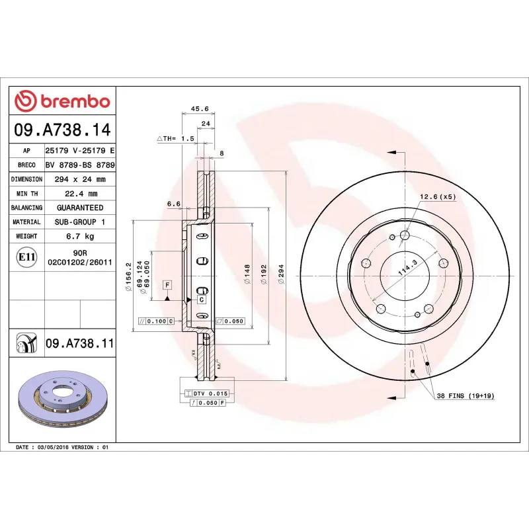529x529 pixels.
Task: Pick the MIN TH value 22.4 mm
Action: (x=79, y=194)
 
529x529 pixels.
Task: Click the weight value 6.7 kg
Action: (x=79, y=236)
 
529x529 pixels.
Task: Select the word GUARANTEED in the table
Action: (x=79, y=208)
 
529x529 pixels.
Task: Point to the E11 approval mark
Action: (x=26, y=257)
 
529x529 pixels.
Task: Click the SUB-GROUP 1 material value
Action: (x=79, y=222)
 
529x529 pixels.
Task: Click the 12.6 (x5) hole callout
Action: (x=438, y=196)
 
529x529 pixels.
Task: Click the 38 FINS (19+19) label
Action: (x=465, y=395)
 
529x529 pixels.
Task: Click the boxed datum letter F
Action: (x=168, y=285)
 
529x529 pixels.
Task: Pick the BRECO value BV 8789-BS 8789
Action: (x=79, y=165)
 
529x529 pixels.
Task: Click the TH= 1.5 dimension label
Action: (x=176, y=138)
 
